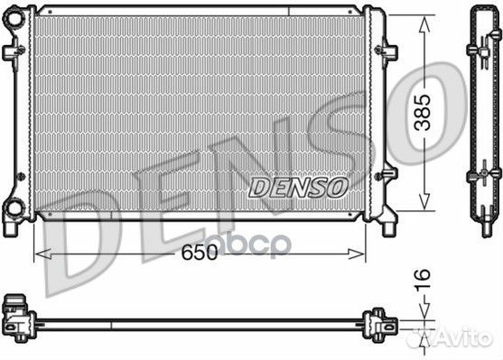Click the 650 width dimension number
click(x=200, y=253)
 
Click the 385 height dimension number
click(x=422, y=112)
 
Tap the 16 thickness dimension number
click(x=422, y=280)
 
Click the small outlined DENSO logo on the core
click(x=298, y=187)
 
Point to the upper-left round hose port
click(x=15, y=19)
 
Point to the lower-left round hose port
click(x=14, y=208)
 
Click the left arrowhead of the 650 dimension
click(x=42, y=254)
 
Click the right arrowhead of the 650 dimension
click(x=357, y=254)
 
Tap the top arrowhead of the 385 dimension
click(x=424, y=24)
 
